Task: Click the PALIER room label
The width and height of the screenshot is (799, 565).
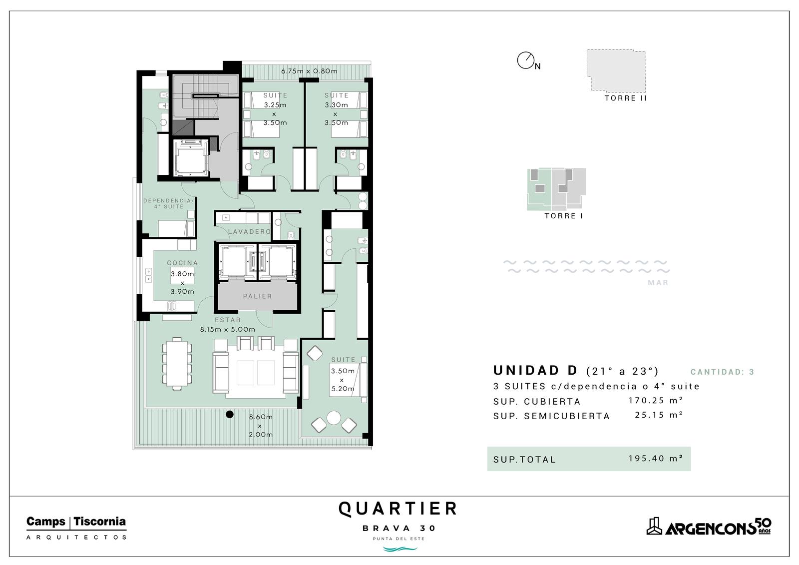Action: point(257,296)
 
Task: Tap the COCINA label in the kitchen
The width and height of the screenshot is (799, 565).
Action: point(182,263)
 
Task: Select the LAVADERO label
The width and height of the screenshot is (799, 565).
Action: point(249,232)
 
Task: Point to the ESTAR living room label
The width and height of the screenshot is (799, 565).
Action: point(228,320)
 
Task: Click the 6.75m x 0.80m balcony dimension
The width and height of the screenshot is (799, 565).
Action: point(309,71)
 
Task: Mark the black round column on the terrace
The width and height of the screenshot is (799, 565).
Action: point(230,414)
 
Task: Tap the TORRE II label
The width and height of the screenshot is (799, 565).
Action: point(626,98)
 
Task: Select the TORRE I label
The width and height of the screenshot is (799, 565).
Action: point(564,216)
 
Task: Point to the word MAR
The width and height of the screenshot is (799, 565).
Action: point(658,283)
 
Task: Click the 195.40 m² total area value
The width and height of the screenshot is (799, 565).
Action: point(656,458)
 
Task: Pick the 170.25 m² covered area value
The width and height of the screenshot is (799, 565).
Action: point(656,401)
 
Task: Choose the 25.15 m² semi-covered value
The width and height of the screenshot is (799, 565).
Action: point(659,415)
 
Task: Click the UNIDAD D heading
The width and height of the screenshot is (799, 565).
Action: point(535,371)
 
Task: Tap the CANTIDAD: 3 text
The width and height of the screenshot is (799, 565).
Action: point(722,372)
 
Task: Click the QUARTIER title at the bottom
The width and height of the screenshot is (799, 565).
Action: point(398,509)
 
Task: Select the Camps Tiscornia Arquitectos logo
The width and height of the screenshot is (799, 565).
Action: point(76,528)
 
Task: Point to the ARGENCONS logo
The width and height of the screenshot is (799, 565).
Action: point(709,527)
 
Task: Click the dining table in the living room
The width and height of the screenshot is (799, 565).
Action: point(177,363)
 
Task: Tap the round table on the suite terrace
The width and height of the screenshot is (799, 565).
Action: point(334,418)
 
